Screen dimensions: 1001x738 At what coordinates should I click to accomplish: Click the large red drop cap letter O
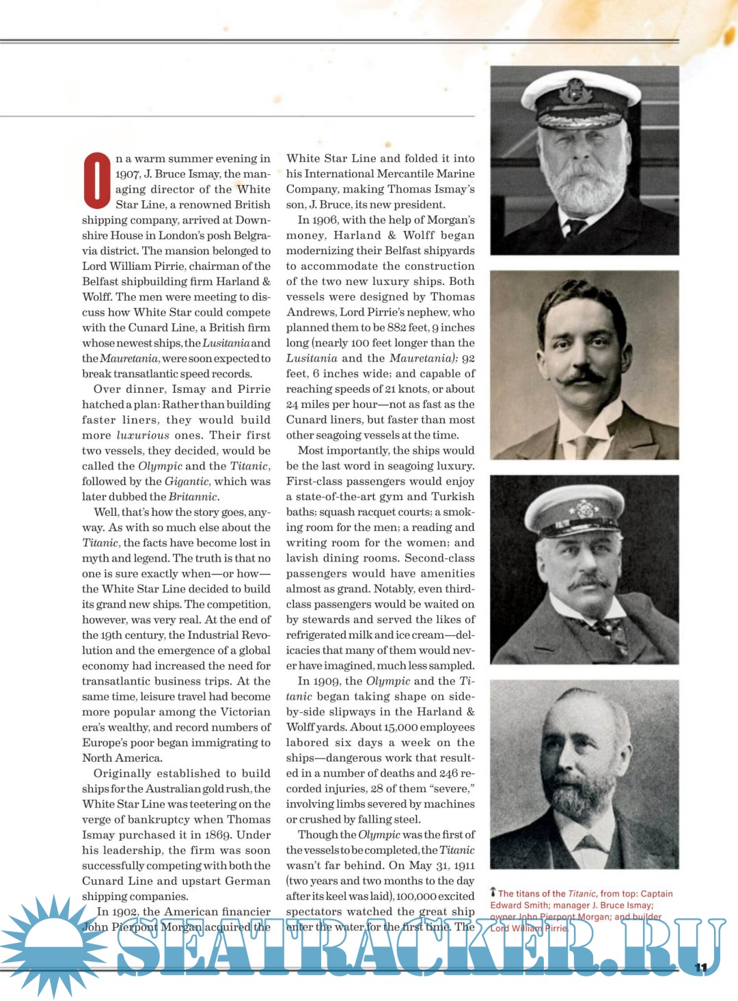coord(97,181)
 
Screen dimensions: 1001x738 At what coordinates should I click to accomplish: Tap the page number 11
coord(700,968)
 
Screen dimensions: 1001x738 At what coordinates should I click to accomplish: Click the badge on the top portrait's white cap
coord(576,90)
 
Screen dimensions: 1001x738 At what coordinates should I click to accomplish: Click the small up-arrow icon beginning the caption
coord(493,892)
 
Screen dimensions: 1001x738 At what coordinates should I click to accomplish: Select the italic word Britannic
coord(193,497)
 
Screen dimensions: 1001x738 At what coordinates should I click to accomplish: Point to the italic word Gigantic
coord(187,482)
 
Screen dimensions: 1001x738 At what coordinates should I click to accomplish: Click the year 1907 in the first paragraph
coord(128,174)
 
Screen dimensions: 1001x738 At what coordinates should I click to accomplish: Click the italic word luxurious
coord(143,435)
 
